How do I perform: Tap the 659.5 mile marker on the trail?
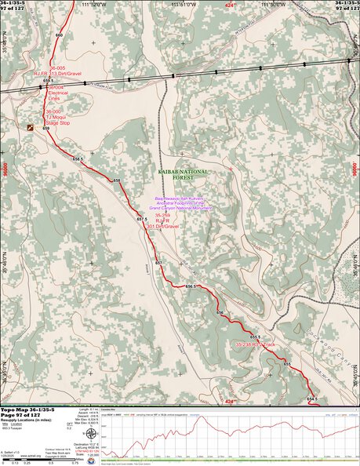point(48,81)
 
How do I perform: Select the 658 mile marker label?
point(116,181)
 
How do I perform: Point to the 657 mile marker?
point(158,262)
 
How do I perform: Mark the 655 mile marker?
point(287,364)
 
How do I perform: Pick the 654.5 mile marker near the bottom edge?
point(311,399)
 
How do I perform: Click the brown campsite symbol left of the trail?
point(31,126)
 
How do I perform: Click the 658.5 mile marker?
point(78,159)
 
